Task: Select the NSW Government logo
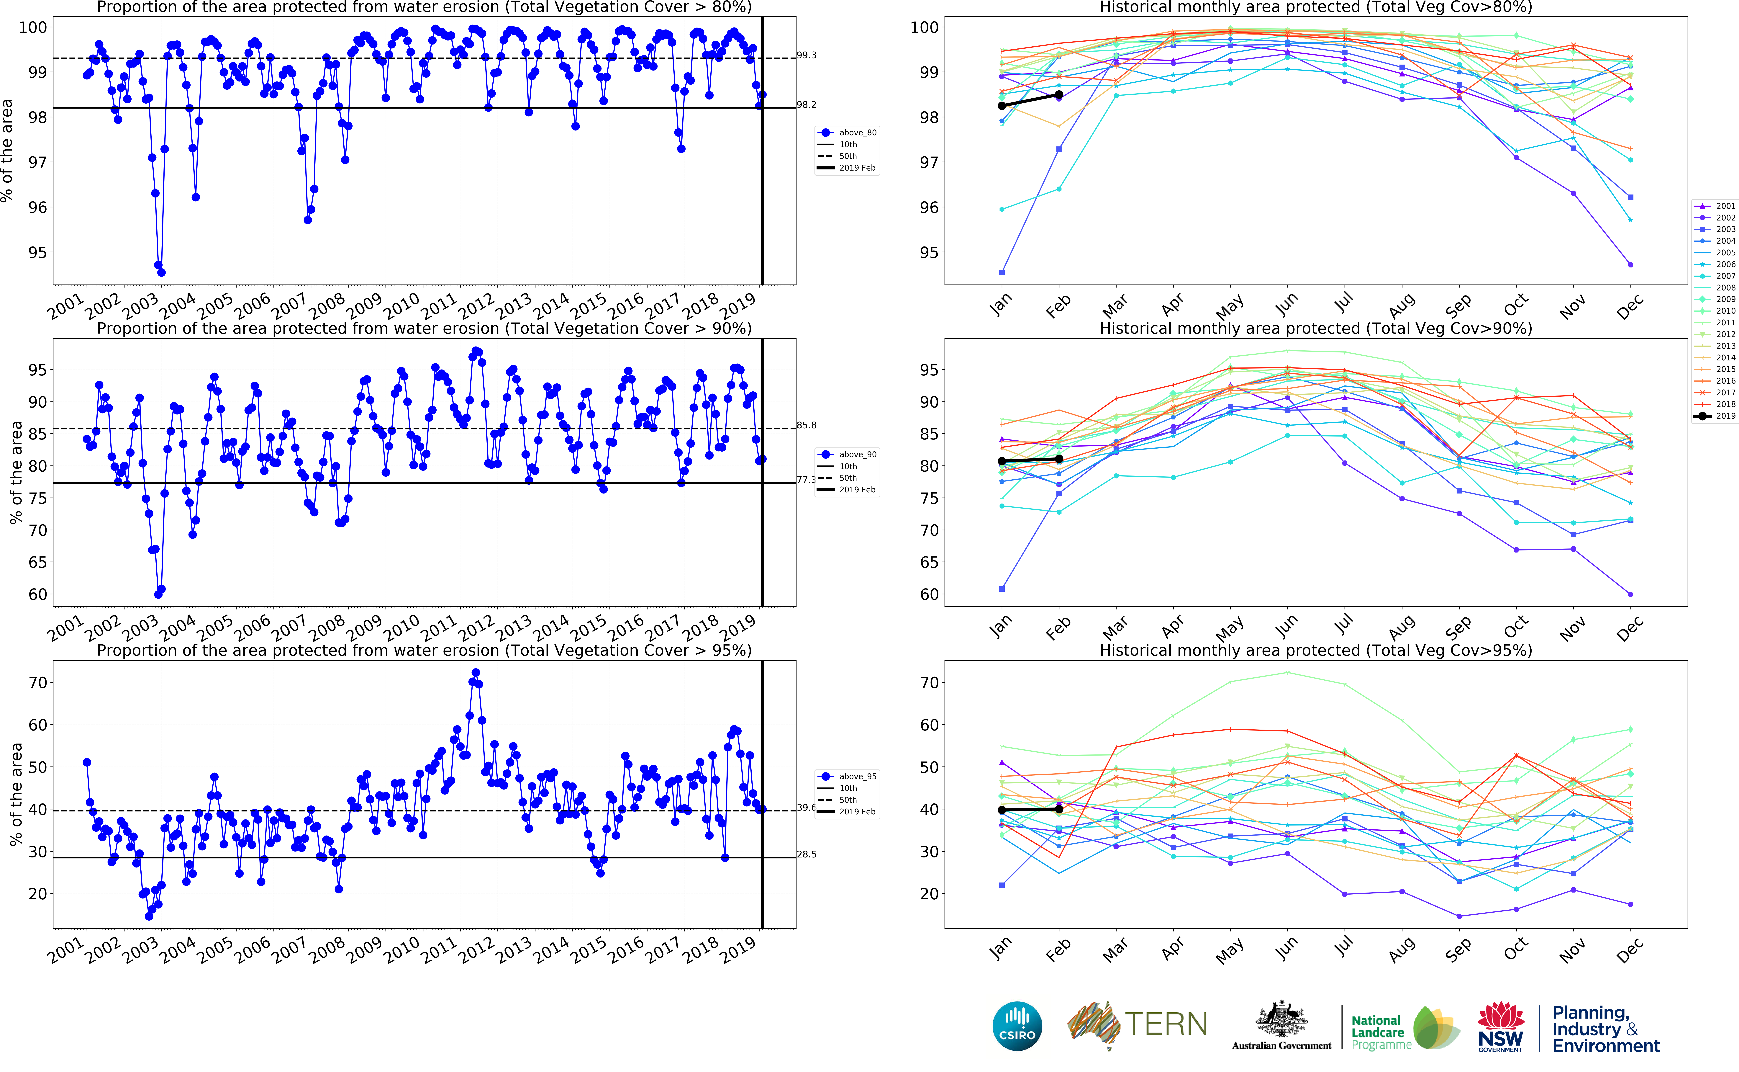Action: click(1500, 1026)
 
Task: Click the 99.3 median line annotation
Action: click(807, 55)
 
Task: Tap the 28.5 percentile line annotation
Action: click(807, 854)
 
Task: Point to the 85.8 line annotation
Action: click(807, 425)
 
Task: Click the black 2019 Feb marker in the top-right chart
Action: click(1059, 94)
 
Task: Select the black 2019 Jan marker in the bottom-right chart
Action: click(1002, 810)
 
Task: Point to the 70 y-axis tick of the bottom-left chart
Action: click(37, 683)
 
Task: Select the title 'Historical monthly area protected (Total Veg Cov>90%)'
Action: click(1315, 328)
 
